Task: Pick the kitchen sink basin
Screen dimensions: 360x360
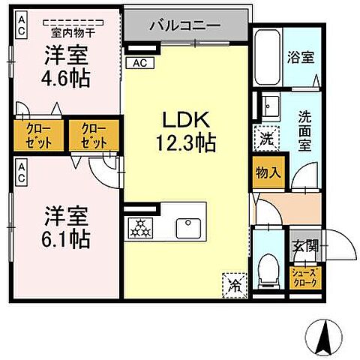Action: click(x=186, y=225)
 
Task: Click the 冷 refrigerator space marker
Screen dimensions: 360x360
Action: click(x=234, y=283)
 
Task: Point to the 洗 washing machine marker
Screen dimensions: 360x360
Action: click(x=267, y=138)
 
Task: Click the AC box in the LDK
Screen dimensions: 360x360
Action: click(x=139, y=64)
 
